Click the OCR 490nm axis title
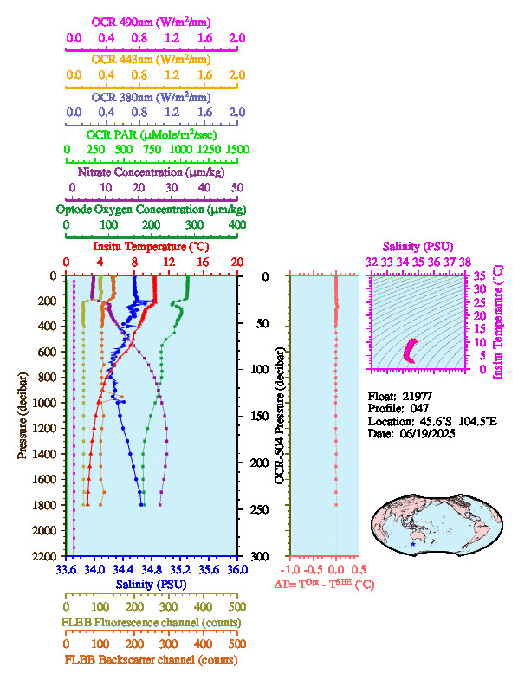pos(151,23)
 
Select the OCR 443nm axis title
pos(151,60)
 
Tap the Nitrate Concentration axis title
pos(151,172)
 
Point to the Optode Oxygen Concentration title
pos(151,210)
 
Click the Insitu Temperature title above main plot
pos(151,247)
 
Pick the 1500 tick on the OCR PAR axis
pos(237,150)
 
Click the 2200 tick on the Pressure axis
pos(44,556)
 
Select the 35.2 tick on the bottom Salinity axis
pos(180,569)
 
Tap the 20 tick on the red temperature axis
pos(236,262)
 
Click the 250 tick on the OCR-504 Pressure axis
pos(259,509)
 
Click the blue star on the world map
pos(412,544)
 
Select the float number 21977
pos(418,396)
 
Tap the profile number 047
pos(419,409)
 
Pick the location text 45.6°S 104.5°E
pos(458,421)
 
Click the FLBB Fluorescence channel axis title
pos(151,623)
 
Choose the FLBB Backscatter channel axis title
pos(151,660)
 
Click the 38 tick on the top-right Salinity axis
pos(465,262)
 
